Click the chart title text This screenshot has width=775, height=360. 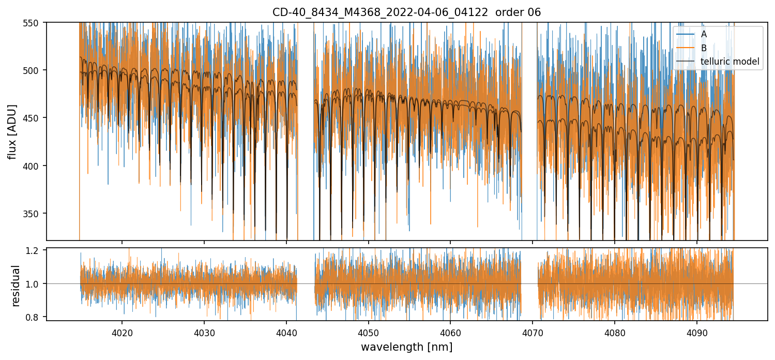pyautogui.click(x=406, y=12)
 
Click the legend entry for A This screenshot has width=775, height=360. pyautogui.click(x=703, y=34)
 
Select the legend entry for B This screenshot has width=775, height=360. pyautogui.click(x=703, y=48)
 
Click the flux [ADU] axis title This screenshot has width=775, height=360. pyautogui.click(x=12, y=131)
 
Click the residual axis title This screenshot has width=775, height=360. pyautogui.click(x=16, y=286)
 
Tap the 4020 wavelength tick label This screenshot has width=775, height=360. pyautogui.click(x=122, y=331)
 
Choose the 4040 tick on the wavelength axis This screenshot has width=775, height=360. pyautogui.click(x=286, y=331)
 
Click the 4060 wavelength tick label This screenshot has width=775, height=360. pyautogui.click(x=450, y=331)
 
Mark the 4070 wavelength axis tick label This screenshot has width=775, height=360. pyautogui.click(x=533, y=331)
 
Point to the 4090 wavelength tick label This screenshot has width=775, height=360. pyautogui.click(x=696, y=331)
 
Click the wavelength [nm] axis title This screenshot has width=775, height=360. pyautogui.click(x=406, y=347)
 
